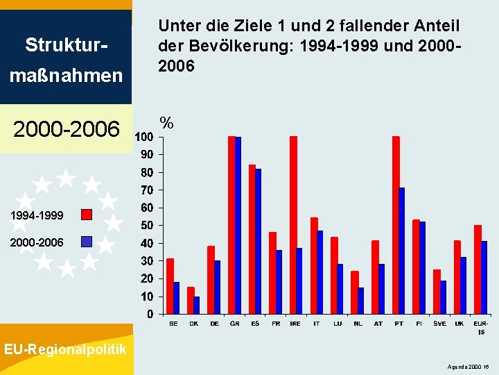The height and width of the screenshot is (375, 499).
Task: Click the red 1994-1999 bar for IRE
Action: click(293, 225)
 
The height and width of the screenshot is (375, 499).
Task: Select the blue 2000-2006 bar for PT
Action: click(403, 251)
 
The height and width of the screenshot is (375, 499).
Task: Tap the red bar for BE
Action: click(170, 286)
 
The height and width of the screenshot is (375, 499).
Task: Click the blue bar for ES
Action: click(259, 241)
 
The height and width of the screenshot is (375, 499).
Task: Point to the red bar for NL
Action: click(355, 292)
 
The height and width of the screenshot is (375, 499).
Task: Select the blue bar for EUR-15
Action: click(484, 277)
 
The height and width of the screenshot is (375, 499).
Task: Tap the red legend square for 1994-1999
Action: click(87, 215)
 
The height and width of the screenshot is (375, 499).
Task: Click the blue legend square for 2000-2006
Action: click(87, 242)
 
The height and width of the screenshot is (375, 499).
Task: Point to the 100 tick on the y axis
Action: click(144, 137)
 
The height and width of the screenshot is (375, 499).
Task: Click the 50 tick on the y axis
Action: click(147, 226)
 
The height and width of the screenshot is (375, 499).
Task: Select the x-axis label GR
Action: click(235, 324)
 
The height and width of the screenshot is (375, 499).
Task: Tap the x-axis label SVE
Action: click(439, 324)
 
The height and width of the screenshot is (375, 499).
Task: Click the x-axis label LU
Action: click(337, 324)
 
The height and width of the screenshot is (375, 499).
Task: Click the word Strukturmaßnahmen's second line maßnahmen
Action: click(65, 74)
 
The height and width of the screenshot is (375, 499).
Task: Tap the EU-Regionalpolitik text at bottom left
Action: click(65, 349)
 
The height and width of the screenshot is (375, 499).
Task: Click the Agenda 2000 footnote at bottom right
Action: click(470, 365)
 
